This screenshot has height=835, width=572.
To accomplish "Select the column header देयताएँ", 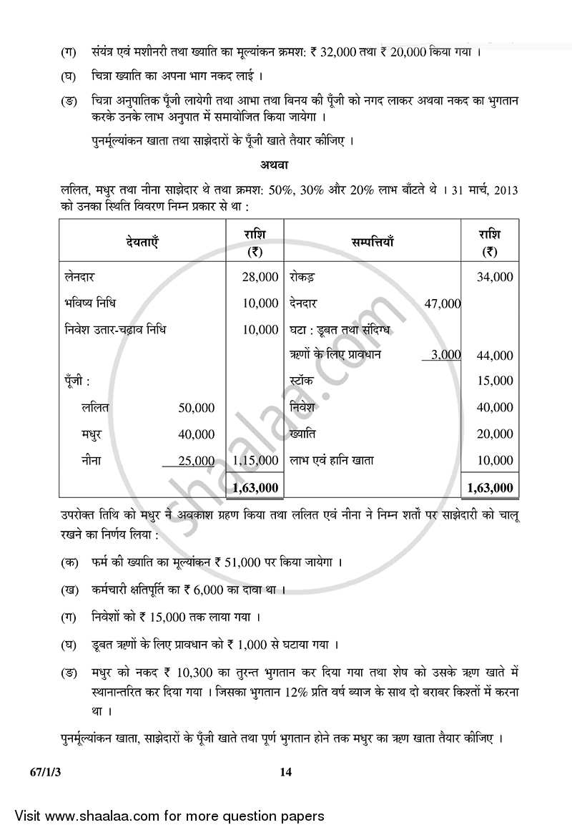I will (x=142, y=242).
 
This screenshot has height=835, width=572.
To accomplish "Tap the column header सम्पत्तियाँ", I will (x=372, y=242).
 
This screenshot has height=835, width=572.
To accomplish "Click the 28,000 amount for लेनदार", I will (x=260, y=277).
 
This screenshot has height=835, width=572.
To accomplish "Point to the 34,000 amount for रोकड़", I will (x=495, y=277).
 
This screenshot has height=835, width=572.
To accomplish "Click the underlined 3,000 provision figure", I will (x=446, y=355).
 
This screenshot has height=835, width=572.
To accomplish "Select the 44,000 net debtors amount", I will (x=495, y=356).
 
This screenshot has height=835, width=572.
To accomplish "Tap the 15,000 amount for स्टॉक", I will (x=495, y=381).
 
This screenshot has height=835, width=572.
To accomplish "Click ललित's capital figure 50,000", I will (x=197, y=408).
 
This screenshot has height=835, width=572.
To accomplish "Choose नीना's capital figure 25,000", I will (x=197, y=461).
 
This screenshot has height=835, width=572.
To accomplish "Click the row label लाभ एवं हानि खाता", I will (x=331, y=461).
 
